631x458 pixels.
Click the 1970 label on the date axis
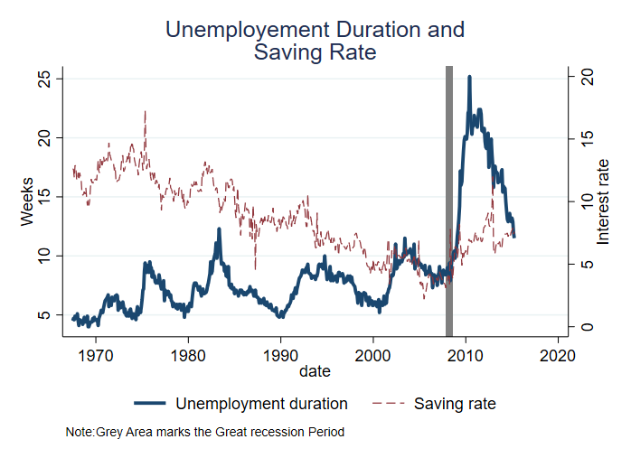(x=95, y=354)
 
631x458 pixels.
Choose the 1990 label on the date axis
(x=280, y=354)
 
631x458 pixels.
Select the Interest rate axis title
(x=604, y=201)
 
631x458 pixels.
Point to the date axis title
(x=315, y=371)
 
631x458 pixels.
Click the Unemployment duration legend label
(x=262, y=403)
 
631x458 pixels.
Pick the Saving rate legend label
(x=455, y=403)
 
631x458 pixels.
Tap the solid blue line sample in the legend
(x=151, y=403)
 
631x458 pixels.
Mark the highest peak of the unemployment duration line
(x=469, y=78)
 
